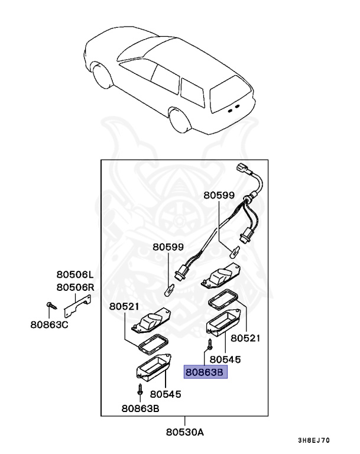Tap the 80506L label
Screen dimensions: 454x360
[75, 275]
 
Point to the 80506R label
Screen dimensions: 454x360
[75, 287]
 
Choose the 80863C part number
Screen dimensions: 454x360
[50, 324]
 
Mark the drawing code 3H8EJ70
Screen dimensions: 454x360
[314, 441]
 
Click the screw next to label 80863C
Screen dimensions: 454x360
[49, 306]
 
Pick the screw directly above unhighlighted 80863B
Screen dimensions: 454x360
[140, 390]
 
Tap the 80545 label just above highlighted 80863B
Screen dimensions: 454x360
[225, 359]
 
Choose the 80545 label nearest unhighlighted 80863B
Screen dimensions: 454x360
[165, 394]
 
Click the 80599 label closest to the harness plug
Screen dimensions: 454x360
[219, 194]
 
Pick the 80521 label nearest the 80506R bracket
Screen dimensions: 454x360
[124, 306]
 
